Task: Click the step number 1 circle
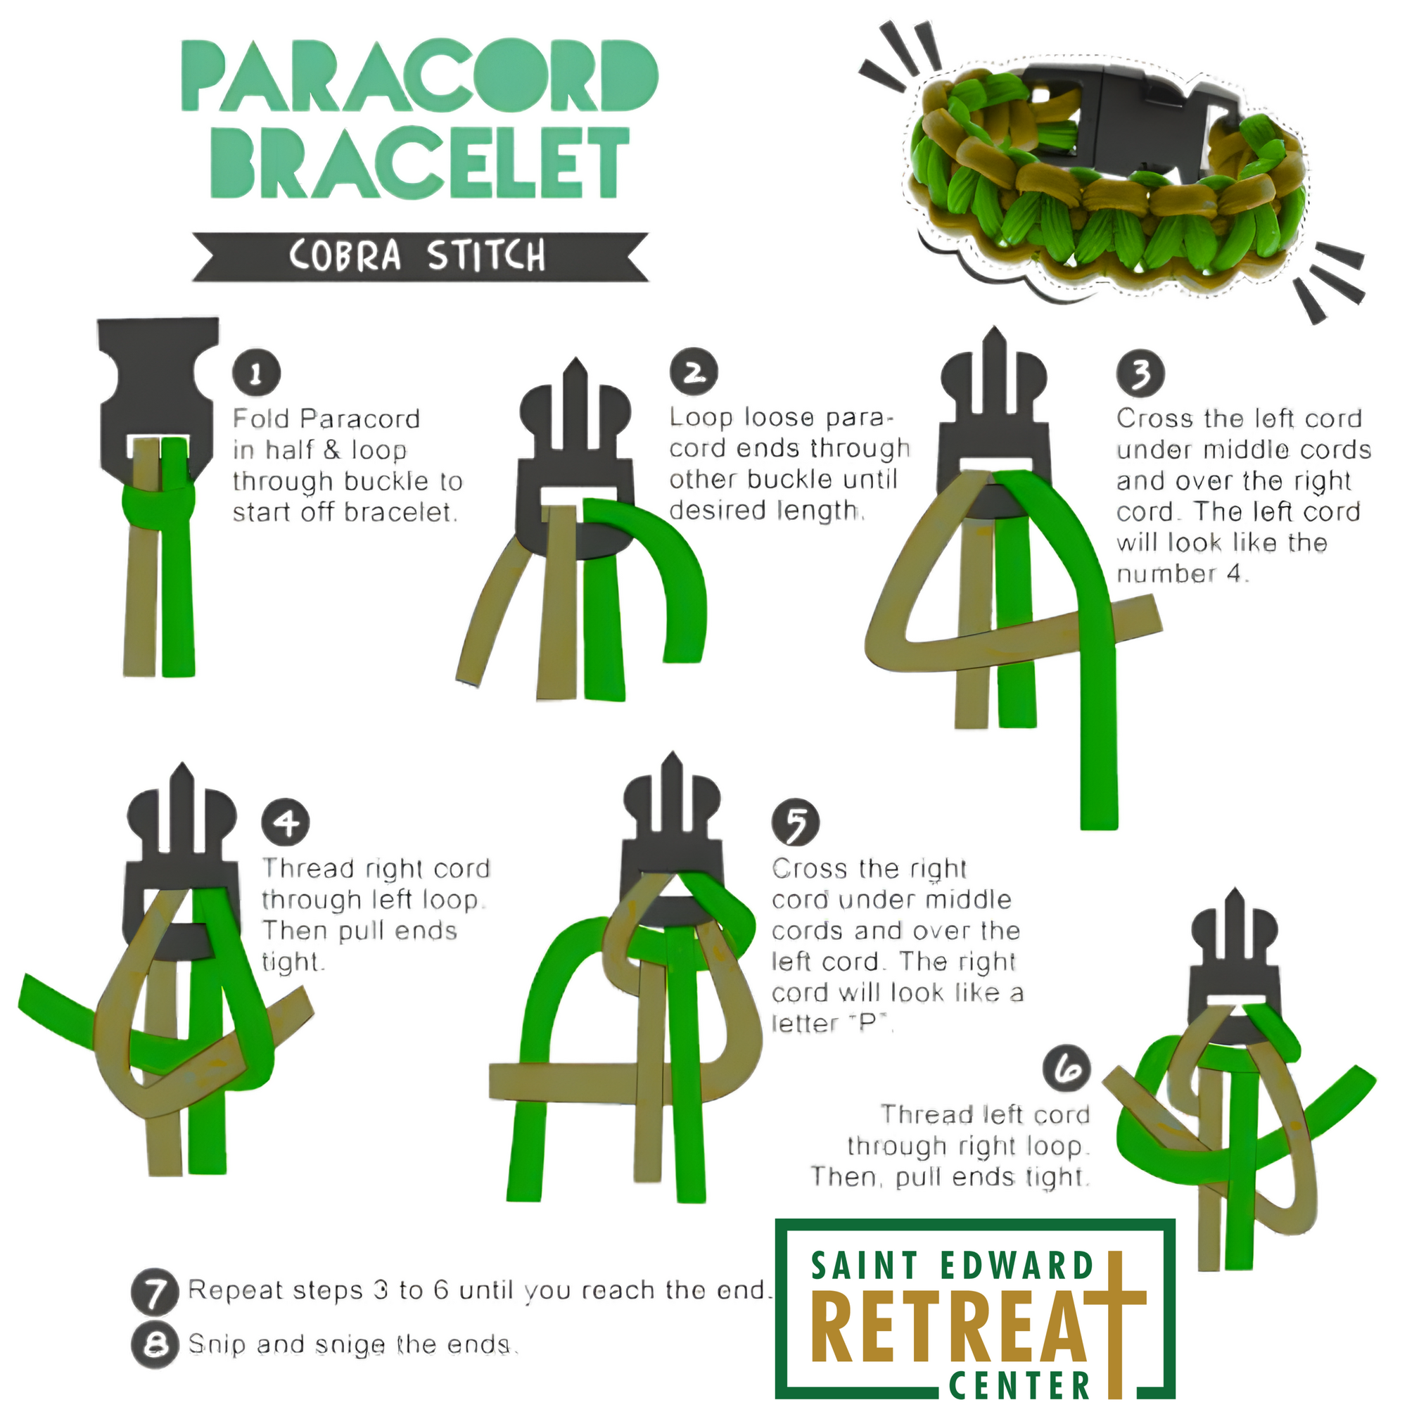[256, 374]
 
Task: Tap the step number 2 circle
[694, 372]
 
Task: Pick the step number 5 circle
[796, 824]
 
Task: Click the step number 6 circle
[1067, 1069]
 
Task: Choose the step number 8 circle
[154, 1344]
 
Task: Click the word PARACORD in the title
[419, 77]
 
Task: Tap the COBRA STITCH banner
[419, 256]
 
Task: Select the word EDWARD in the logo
[1017, 1266]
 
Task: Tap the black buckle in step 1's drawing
[159, 393]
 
